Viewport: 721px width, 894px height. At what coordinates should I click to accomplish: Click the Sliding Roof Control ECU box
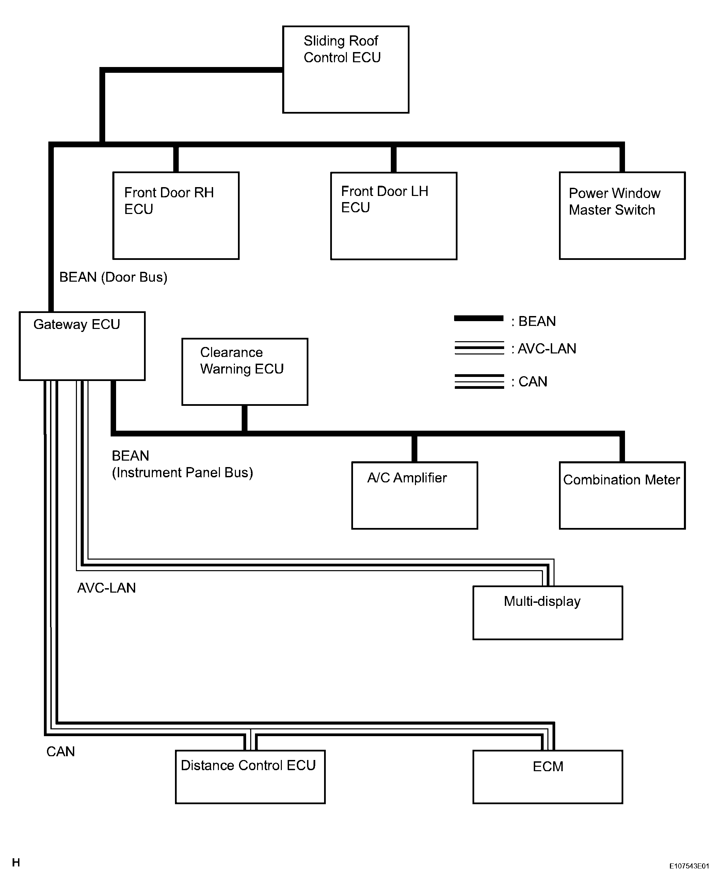(346, 70)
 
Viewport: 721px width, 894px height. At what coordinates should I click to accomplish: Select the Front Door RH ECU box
(176, 216)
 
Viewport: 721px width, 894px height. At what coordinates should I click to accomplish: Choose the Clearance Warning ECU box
(245, 372)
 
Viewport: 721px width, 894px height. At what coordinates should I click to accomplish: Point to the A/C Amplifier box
(415, 496)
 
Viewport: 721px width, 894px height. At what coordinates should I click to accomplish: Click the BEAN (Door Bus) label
(113, 277)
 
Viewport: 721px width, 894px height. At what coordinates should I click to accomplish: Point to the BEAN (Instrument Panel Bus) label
(182, 464)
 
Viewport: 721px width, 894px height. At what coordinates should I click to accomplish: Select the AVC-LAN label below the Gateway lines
(106, 588)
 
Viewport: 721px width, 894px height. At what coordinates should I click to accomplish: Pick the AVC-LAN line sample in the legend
(479, 348)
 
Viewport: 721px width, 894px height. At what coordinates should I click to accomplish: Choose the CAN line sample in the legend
(479, 381)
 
